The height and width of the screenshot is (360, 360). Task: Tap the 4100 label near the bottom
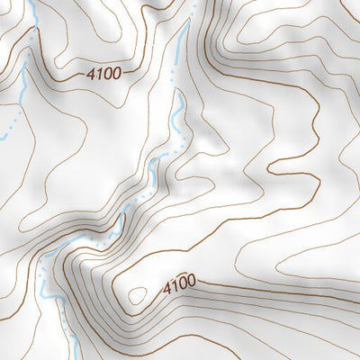(x=179, y=286)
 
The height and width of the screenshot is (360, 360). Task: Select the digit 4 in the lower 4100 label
(x=167, y=289)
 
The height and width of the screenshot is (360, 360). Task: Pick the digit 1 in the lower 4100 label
(x=175, y=287)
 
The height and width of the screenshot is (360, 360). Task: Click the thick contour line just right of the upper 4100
(x=135, y=69)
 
